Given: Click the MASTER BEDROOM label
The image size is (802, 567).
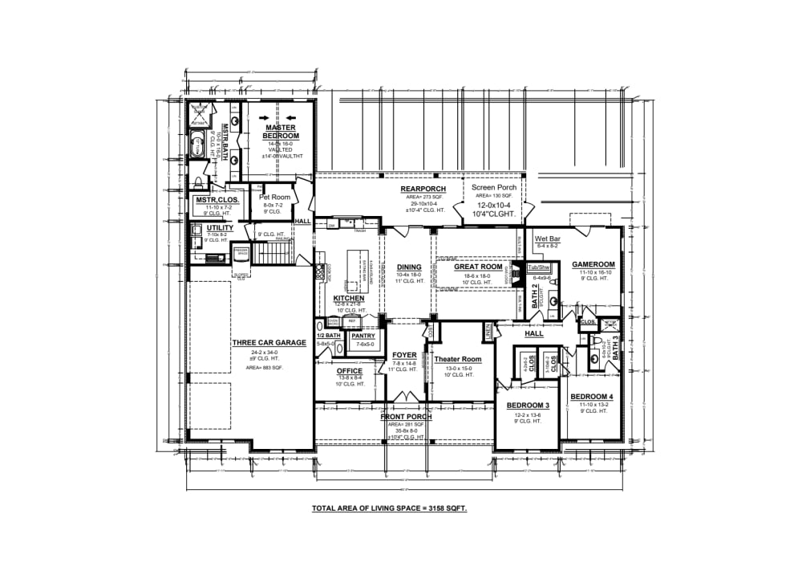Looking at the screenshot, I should [280, 132].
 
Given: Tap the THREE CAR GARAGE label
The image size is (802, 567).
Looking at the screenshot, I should [269, 343].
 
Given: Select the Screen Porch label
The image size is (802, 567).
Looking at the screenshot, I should [495, 187].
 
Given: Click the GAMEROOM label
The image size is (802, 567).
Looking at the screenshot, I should [593, 264].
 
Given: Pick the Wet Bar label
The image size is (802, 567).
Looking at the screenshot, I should [547, 239].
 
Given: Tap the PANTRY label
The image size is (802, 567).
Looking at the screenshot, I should [364, 336].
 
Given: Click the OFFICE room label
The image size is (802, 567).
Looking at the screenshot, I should [338, 371].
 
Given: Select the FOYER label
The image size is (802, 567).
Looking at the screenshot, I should [404, 355].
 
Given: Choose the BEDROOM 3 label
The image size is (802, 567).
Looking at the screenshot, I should [527, 406].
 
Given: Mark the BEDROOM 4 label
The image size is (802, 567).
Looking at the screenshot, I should [591, 397].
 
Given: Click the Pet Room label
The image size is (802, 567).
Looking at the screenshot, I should [274, 197].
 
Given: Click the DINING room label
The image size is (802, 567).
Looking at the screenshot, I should [409, 267].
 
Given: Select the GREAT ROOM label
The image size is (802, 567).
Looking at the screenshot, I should [478, 267].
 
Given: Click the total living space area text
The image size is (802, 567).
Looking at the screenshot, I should [389, 509].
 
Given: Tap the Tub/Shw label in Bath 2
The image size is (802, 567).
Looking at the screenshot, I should [539, 267].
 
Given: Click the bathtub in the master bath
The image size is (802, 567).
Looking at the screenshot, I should [197, 145].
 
